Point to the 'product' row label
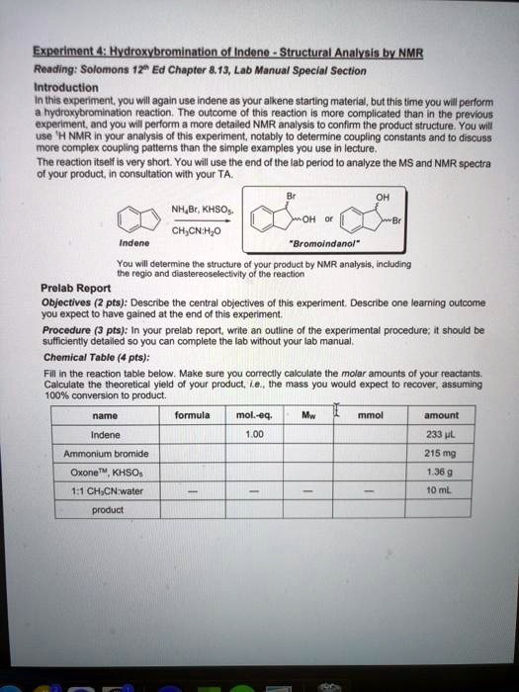106,510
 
